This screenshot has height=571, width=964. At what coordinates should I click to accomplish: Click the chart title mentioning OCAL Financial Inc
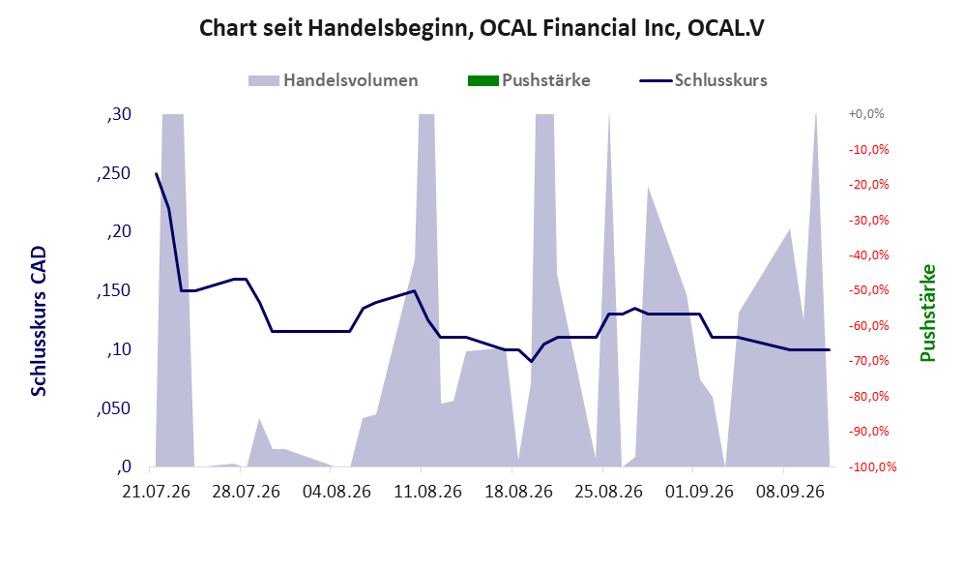tap(482, 28)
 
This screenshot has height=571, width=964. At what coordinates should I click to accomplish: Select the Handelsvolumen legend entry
tap(334, 80)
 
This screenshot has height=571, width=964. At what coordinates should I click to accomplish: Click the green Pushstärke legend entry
tap(529, 80)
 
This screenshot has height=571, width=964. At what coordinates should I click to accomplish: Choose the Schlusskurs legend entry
tap(703, 80)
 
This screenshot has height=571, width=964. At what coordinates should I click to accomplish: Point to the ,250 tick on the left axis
tap(114, 173)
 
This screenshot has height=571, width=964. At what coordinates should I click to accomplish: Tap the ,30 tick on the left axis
tap(119, 114)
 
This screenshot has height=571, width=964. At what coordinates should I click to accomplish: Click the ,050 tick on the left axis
tap(114, 408)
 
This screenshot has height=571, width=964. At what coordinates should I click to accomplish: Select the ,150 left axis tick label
tap(114, 291)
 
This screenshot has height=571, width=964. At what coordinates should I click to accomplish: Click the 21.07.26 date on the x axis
tap(157, 492)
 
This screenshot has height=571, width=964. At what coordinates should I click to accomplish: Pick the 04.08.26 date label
tap(337, 492)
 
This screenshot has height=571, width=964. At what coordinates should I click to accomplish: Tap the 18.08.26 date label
tap(519, 492)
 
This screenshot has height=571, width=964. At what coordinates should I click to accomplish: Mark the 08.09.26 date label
tap(790, 492)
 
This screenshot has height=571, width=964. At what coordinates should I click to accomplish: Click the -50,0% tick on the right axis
tap(868, 289)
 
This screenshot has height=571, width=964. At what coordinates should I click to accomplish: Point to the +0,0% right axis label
tap(866, 114)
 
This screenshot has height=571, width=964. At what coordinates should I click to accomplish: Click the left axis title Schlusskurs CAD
tap(38, 321)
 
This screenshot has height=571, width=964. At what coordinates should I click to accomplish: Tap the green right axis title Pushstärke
tap(927, 314)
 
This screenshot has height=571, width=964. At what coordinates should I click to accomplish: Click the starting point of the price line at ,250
tap(157, 173)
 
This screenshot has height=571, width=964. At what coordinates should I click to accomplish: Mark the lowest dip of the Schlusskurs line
tap(531, 361)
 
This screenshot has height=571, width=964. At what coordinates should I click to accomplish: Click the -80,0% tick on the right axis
tap(868, 396)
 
